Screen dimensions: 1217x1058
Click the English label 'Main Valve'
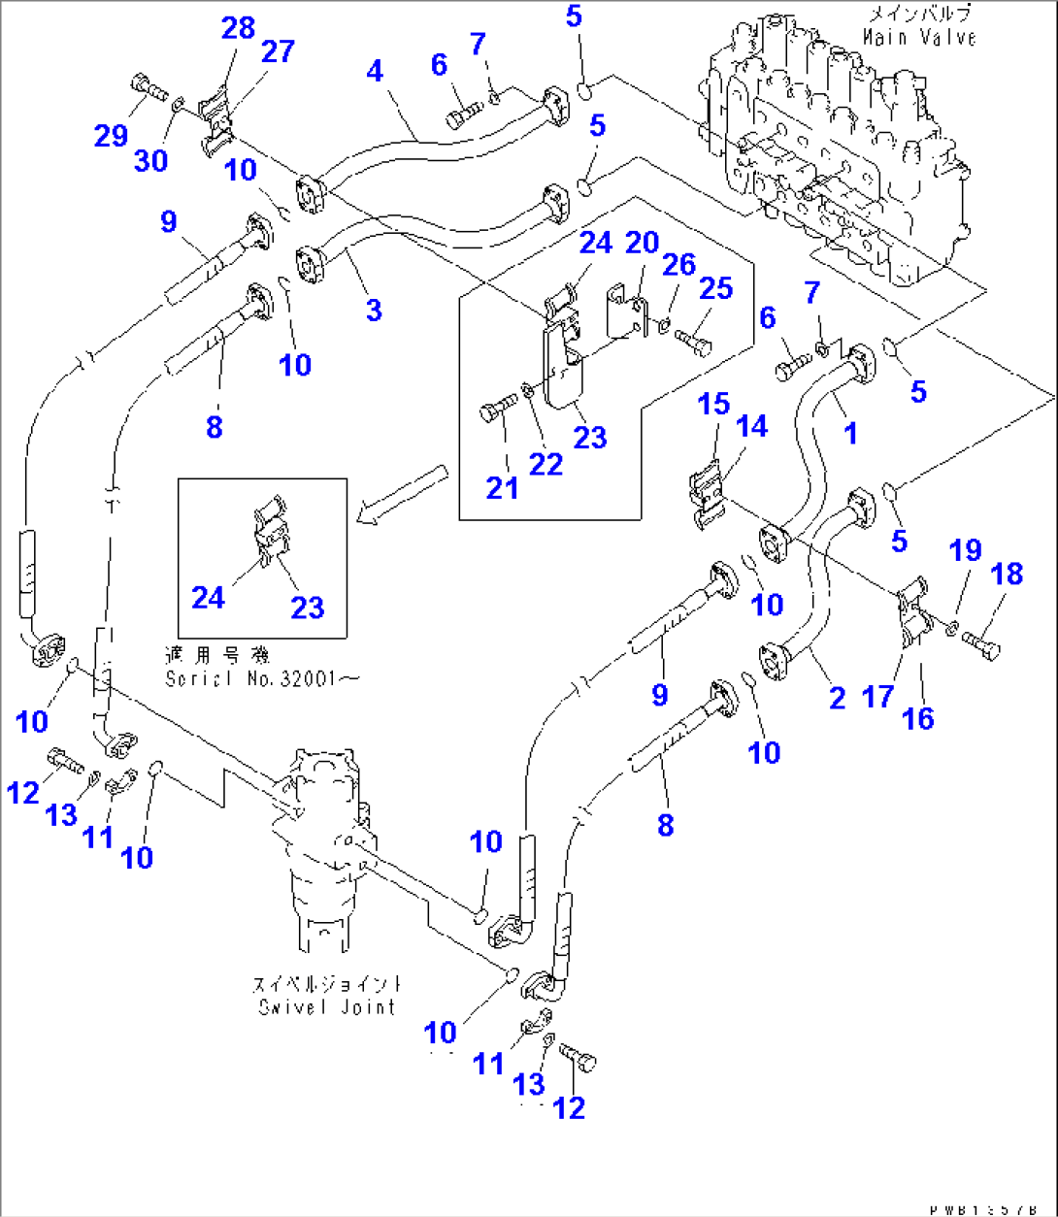click(918, 39)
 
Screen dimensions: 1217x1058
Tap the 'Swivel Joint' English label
click(327, 1006)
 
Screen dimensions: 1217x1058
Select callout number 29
click(111, 135)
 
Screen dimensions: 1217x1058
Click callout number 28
click(238, 28)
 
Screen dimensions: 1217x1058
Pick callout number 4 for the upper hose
click(375, 70)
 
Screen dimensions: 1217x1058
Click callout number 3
click(374, 311)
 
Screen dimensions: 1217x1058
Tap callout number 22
click(546, 464)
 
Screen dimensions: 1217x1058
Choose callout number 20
click(642, 243)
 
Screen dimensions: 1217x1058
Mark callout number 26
click(679, 264)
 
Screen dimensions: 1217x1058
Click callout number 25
click(715, 288)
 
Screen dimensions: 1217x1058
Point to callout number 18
click(1007, 574)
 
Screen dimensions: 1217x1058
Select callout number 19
click(965, 551)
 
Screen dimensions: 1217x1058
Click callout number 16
click(917, 718)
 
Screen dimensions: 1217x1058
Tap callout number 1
click(850, 433)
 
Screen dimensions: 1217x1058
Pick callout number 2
click(837, 697)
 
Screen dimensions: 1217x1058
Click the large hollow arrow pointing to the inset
click(401, 493)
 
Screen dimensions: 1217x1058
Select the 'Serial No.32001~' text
click(261, 678)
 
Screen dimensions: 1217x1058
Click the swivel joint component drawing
click(325, 844)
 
